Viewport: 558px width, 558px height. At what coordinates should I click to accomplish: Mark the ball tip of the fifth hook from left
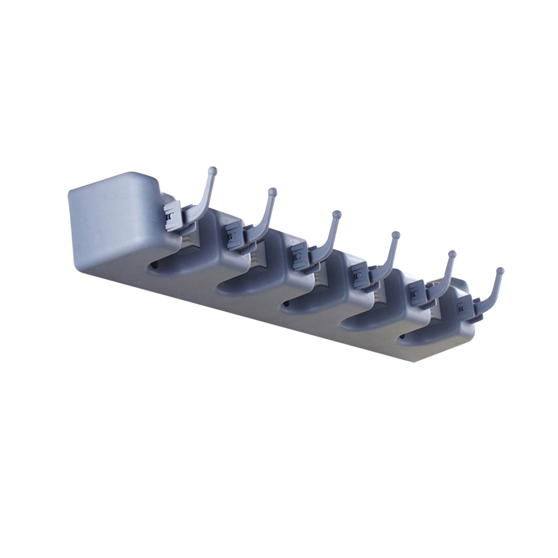pos(452,253)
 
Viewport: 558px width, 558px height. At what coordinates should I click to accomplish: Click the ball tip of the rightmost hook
pos(500,270)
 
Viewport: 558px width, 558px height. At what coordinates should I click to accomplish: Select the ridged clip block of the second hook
pos(232,237)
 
